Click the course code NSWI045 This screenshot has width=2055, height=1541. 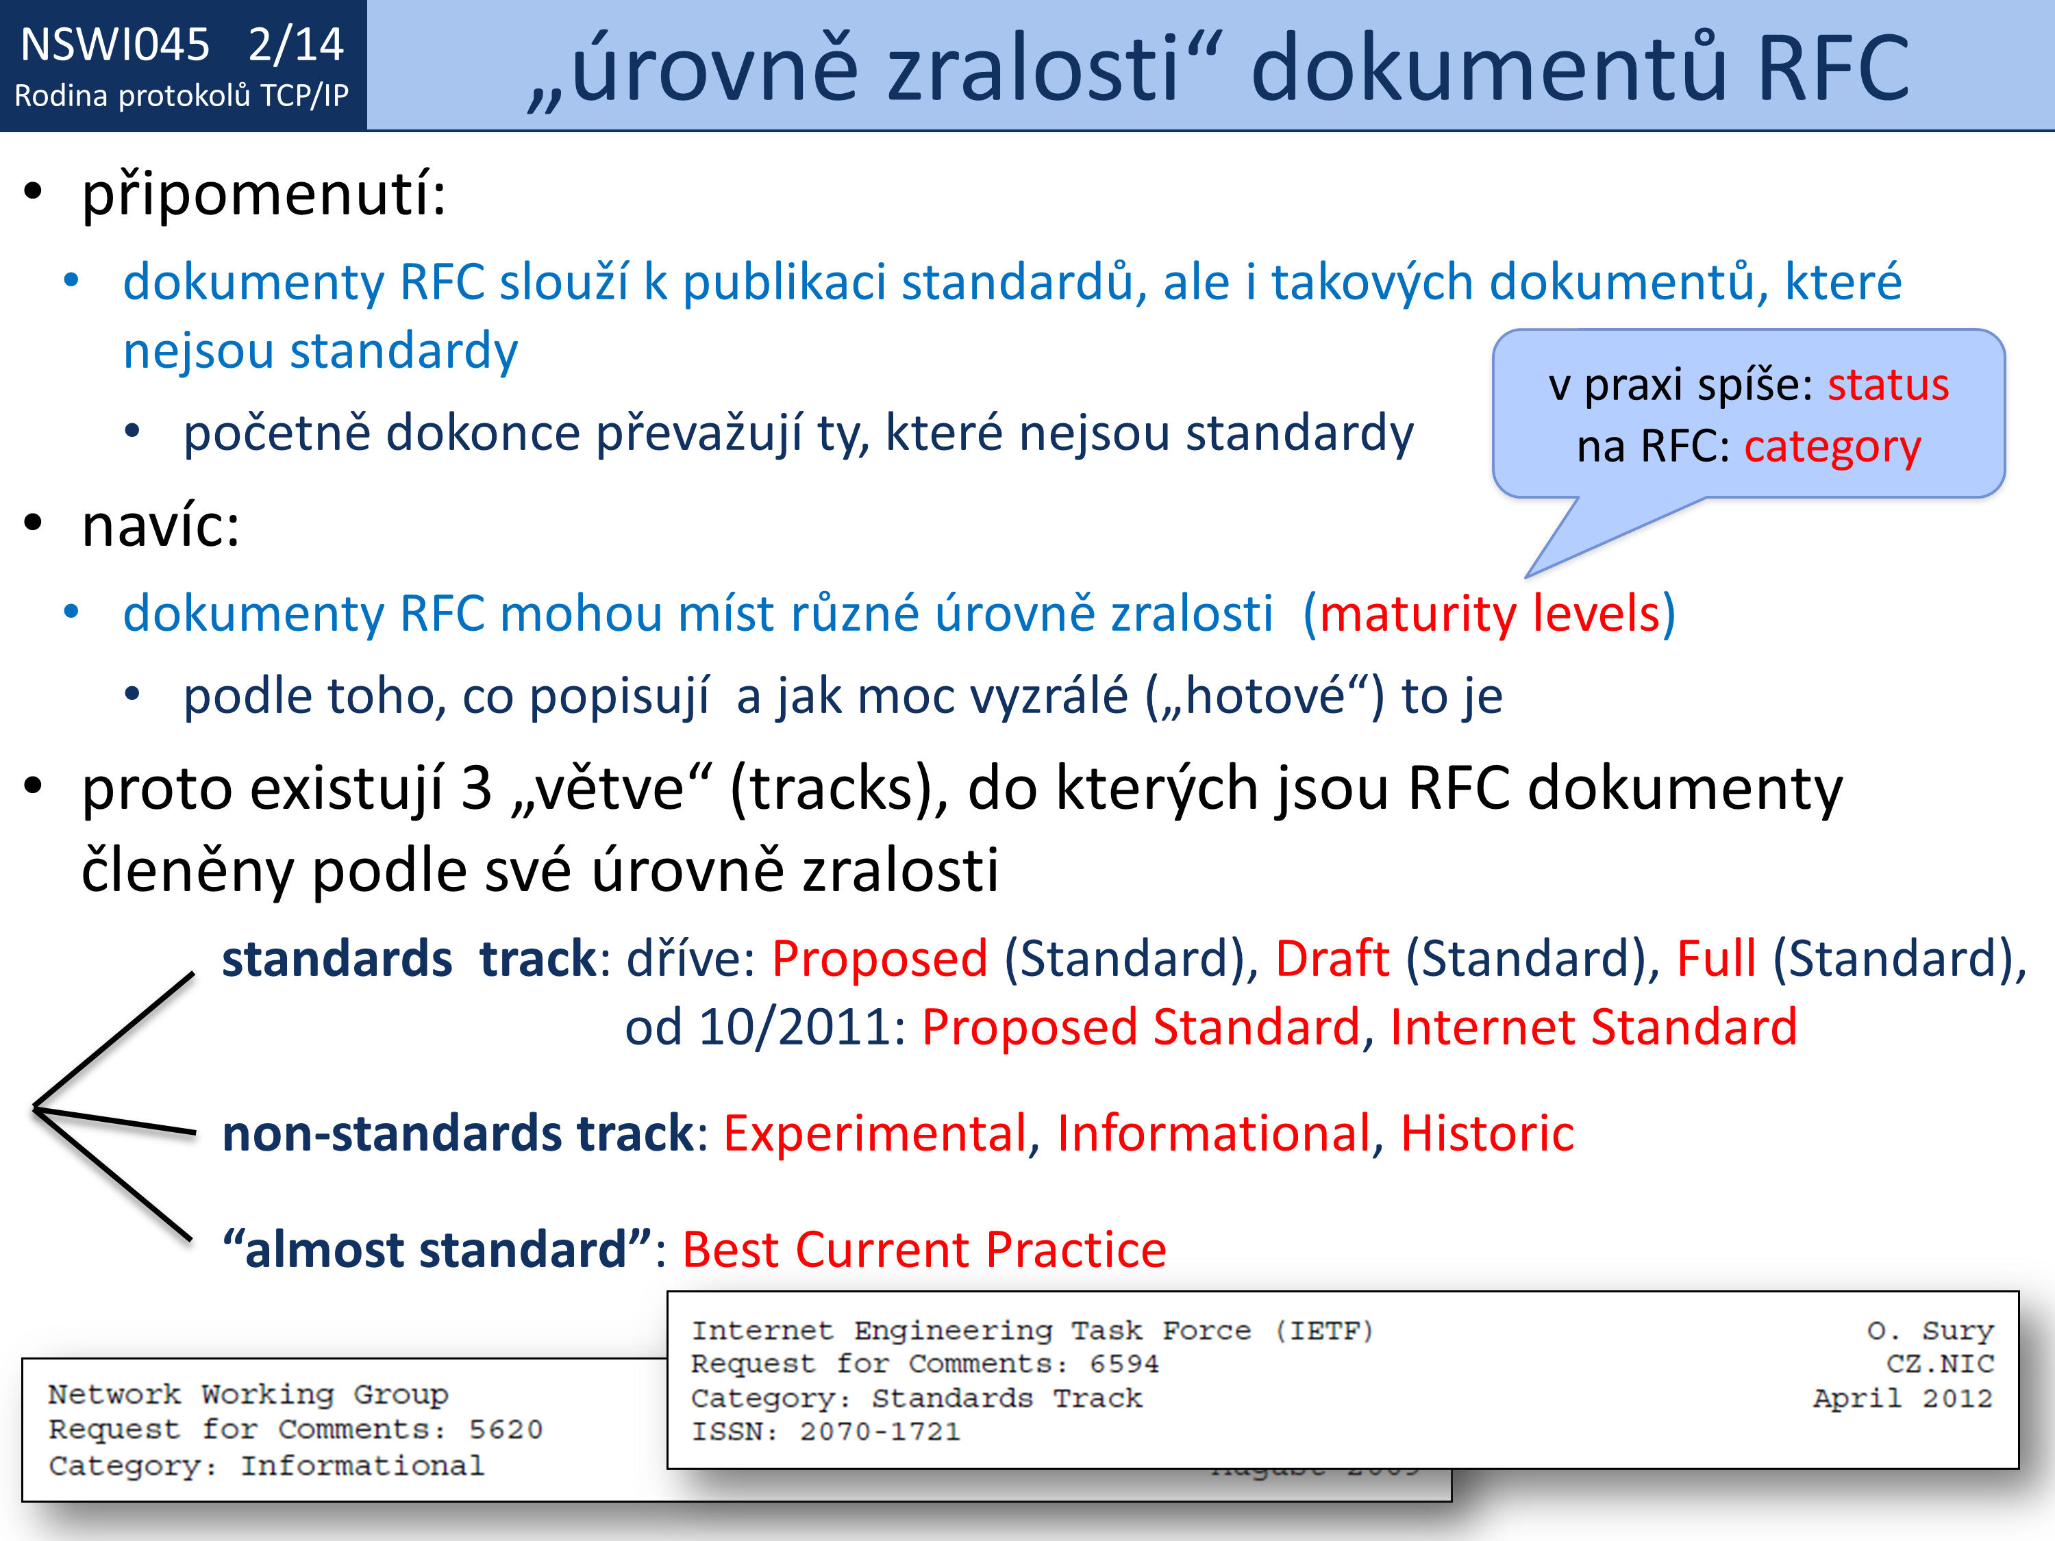(x=115, y=45)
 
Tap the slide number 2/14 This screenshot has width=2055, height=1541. (x=297, y=45)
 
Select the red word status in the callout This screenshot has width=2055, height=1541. (x=1888, y=384)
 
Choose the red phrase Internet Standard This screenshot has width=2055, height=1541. (x=1593, y=1027)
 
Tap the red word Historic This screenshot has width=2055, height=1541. (x=1486, y=1133)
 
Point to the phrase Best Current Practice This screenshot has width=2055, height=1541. (x=924, y=1249)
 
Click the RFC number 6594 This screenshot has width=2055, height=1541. (x=1124, y=1364)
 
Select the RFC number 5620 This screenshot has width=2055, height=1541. (x=506, y=1429)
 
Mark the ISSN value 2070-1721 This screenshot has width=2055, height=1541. (x=880, y=1431)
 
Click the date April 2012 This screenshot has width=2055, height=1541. (x=1903, y=1398)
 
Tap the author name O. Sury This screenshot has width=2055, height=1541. (x=1930, y=1331)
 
